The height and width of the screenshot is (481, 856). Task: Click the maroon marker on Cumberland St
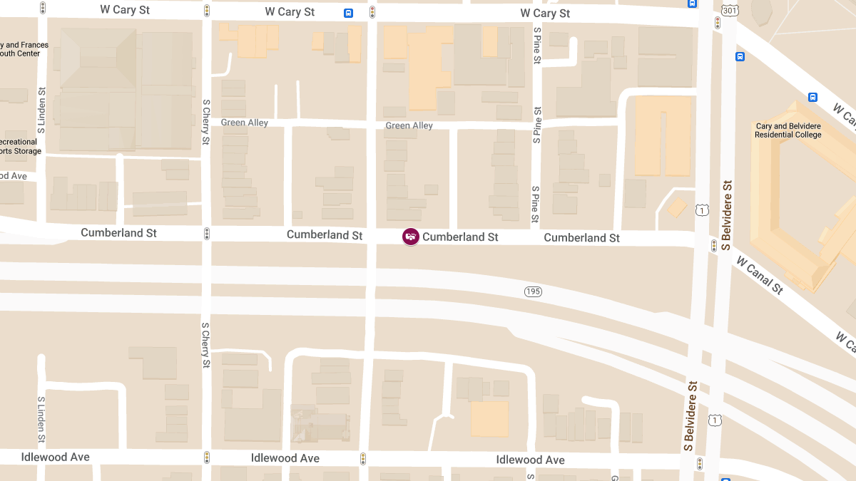(x=410, y=237)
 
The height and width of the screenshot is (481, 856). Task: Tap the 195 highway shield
(x=533, y=291)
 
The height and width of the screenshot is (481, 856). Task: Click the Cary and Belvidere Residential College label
(x=788, y=130)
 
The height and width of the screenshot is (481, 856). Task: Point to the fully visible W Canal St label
(x=760, y=275)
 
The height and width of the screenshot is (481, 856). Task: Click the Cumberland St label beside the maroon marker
(x=460, y=237)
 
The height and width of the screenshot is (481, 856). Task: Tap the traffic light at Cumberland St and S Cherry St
(x=207, y=234)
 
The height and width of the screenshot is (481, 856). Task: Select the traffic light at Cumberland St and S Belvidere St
(x=713, y=246)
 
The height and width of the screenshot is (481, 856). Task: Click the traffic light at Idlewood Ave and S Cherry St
(x=207, y=457)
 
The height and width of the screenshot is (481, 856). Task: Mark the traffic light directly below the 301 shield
(x=717, y=24)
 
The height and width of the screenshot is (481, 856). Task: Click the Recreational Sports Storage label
(x=20, y=146)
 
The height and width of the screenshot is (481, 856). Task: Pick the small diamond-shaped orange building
(x=677, y=208)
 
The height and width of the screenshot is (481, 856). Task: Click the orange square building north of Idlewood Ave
(x=489, y=419)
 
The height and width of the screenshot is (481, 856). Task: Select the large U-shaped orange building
(x=663, y=135)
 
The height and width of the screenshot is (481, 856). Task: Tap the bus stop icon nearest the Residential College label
(x=812, y=98)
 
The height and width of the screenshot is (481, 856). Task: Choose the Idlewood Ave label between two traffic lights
(x=285, y=458)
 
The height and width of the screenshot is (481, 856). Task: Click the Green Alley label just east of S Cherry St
(x=244, y=123)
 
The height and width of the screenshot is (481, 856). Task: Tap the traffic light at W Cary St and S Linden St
(x=43, y=9)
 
